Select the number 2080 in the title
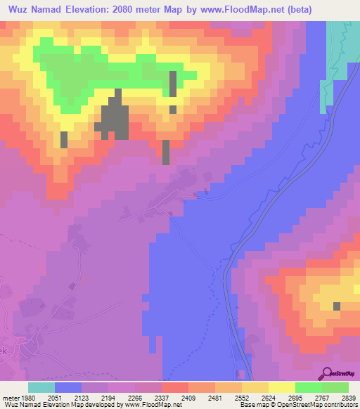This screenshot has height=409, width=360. click(153, 8)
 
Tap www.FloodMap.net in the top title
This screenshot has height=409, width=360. click(243, 8)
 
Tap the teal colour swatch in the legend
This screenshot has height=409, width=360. click(41, 387)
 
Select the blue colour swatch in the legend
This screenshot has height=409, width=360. click(68, 387)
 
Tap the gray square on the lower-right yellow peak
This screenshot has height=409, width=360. click(337, 306)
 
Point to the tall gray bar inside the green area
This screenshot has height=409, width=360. click(173, 84)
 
